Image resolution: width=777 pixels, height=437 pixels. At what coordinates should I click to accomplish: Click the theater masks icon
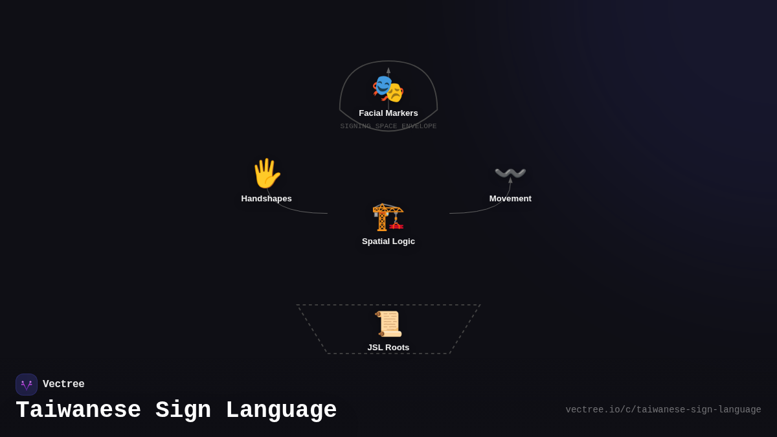[388, 89]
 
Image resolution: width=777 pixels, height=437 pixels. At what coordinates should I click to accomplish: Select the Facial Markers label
[388, 113]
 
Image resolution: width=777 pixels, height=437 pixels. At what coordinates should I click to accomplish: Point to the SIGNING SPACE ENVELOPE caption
[388, 126]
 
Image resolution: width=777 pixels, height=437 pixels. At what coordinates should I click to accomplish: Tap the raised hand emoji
[266, 174]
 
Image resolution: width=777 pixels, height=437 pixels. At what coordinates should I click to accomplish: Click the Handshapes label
[266, 199]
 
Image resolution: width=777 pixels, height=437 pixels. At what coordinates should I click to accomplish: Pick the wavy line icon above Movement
[510, 173]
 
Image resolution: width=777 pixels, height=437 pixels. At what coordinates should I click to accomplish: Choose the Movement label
[510, 199]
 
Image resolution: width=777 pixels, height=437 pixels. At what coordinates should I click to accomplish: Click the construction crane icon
[388, 216]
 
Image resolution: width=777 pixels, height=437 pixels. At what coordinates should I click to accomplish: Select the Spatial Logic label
[388, 241]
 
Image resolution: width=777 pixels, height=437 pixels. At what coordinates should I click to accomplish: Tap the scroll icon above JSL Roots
[388, 324]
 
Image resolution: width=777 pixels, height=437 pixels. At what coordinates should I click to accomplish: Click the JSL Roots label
[388, 348]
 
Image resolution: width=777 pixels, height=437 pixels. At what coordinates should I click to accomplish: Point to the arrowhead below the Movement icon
[510, 180]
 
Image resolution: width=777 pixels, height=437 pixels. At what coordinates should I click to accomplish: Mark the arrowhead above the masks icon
[388, 71]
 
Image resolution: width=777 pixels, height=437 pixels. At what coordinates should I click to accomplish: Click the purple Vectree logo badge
[27, 385]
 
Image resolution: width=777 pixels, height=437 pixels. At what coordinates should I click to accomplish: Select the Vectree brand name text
[63, 385]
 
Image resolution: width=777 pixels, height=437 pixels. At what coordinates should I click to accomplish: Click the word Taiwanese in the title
[78, 410]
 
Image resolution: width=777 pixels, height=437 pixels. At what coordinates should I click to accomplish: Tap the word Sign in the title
[183, 410]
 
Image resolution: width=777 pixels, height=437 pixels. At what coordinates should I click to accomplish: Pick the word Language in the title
[281, 410]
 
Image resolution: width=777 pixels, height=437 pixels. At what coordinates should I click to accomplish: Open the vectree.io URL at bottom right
[663, 410]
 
